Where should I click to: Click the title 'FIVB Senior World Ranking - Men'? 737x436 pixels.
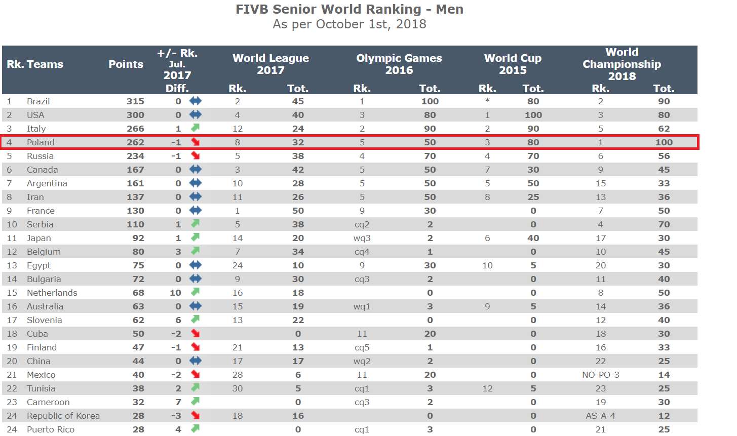click(349, 10)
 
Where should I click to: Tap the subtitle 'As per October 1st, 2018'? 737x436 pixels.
click(349, 24)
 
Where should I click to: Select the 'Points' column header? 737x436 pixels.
click(126, 64)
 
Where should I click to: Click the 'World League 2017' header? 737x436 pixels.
click(270, 64)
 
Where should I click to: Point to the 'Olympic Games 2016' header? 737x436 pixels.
click(399, 64)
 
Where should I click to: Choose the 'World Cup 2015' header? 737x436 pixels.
click(513, 64)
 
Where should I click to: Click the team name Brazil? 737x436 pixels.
click(38, 101)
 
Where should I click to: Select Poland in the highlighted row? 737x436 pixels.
click(41, 142)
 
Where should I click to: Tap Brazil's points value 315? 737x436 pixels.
click(135, 101)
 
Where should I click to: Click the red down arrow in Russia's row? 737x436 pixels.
click(196, 156)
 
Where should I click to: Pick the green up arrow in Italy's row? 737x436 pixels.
click(196, 128)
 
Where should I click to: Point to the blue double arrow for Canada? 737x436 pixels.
click(196, 170)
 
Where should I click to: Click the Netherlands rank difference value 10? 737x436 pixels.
click(175, 293)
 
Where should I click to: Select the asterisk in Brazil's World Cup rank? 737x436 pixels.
click(487, 101)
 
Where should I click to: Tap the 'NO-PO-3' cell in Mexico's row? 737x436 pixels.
click(600, 375)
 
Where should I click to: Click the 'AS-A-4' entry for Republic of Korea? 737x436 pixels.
click(600, 416)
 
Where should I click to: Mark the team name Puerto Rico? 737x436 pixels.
click(51, 429)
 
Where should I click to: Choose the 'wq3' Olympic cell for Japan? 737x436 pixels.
click(362, 238)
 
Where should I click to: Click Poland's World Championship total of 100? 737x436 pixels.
click(664, 142)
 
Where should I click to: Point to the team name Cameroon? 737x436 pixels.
click(48, 402)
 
